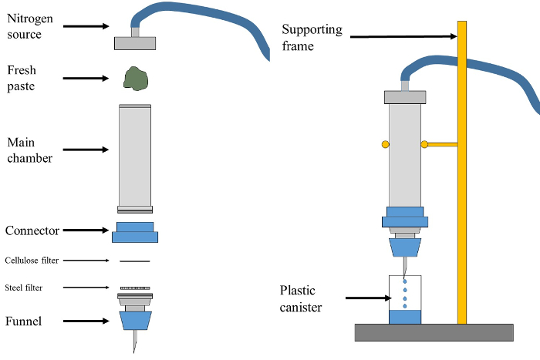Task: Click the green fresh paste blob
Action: point(135,78)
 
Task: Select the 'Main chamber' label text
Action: point(29,150)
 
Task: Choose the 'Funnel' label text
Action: point(24,321)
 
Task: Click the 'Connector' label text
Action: point(32,230)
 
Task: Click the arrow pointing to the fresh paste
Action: point(86,78)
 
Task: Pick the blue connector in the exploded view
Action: point(135,232)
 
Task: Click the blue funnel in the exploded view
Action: point(135,320)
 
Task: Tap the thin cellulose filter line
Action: point(135,261)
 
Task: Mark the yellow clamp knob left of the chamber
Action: point(385,144)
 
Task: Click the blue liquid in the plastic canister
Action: point(405,316)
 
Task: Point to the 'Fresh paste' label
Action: point(22,78)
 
